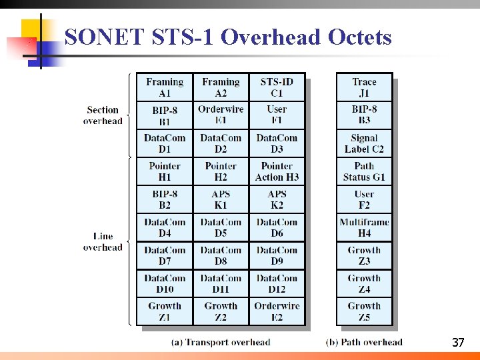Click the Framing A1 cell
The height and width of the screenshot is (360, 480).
(165, 87)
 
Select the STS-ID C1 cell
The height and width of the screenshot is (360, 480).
(277, 87)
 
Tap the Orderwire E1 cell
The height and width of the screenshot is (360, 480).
(221, 115)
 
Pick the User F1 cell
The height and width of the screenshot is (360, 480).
(277, 115)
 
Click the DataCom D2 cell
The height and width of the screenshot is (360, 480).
(221, 143)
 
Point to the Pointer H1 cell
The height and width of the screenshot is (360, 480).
(165, 171)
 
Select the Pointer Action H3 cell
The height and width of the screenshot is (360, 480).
(277, 171)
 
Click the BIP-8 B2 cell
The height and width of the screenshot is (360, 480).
(165, 199)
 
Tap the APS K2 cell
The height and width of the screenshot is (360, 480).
(277, 199)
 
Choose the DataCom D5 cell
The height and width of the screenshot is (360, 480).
(221, 227)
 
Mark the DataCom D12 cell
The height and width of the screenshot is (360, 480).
(277, 283)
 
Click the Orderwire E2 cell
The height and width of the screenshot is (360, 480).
(277, 311)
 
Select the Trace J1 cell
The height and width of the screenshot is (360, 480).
(364, 87)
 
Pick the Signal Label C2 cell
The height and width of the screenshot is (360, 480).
(364, 143)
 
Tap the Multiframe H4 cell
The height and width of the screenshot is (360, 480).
(364, 227)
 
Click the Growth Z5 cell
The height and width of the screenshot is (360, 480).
(364, 311)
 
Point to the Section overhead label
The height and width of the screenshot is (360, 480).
(103, 115)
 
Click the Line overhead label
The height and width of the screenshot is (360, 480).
(103, 241)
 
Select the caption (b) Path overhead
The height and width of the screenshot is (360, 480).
(364, 342)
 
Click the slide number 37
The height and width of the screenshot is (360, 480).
(457, 343)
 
